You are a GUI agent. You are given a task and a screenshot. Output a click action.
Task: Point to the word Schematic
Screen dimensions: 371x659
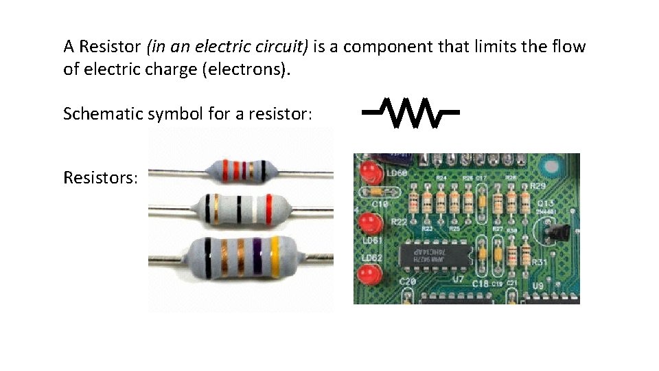[103, 113]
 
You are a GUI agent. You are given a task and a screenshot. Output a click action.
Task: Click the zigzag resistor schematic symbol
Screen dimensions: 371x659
[410, 113]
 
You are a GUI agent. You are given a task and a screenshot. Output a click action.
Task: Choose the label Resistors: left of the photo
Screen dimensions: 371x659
[100, 178]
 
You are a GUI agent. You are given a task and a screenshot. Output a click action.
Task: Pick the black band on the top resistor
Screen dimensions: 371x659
[262, 169]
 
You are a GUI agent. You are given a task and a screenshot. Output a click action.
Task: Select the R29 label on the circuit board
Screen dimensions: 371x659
[537, 187]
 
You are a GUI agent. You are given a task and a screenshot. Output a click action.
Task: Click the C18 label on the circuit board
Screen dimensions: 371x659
[480, 283]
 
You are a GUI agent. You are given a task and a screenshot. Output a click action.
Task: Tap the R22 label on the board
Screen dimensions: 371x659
[399, 222]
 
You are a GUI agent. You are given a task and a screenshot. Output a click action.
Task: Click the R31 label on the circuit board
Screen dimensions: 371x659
[539, 261]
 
